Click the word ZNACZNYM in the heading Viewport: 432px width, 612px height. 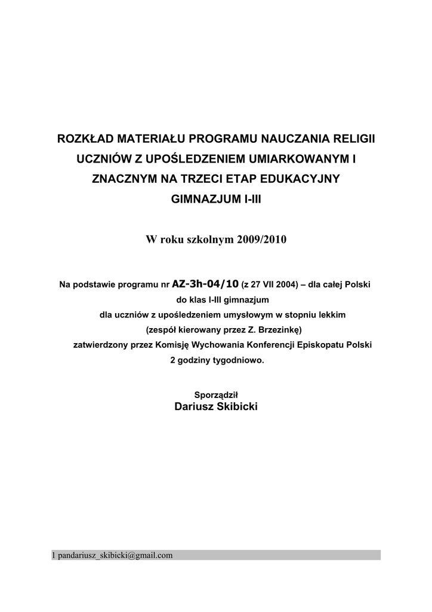(x=122, y=179)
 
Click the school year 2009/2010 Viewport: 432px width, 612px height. (x=262, y=240)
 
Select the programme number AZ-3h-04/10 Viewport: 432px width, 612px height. (x=205, y=283)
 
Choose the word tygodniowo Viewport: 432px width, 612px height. (x=237, y=360)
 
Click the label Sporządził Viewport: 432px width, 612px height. (x=216, y=394)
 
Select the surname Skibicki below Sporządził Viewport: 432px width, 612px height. (x=237, y=407)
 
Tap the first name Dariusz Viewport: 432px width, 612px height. (x=195, y=407)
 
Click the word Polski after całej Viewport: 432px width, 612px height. (x=358, y=284)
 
